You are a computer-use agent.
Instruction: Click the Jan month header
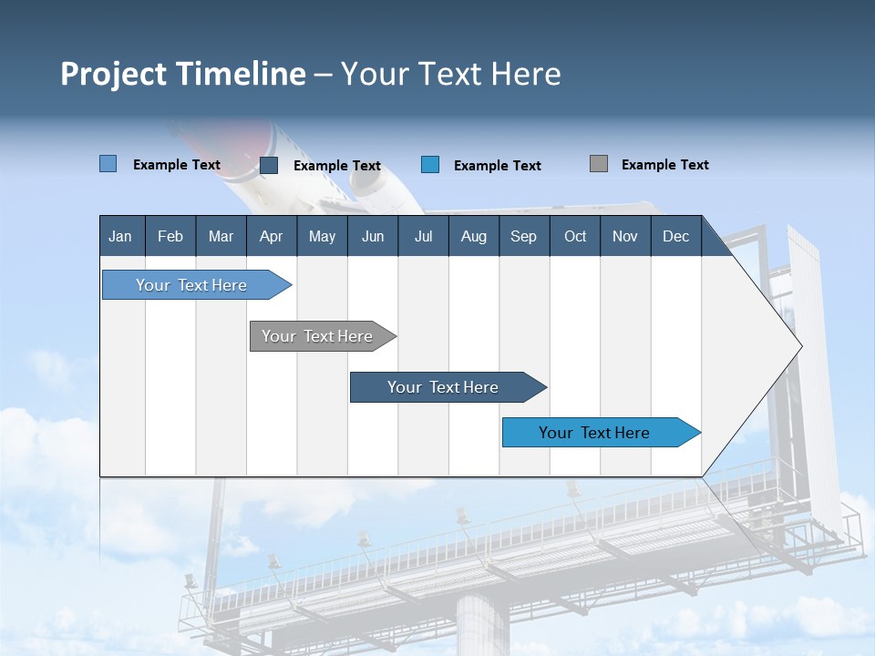(121, 236)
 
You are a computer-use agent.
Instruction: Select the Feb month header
(170, 236)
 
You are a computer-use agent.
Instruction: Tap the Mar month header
(221, 236)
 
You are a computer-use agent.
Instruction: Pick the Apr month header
(271, 236)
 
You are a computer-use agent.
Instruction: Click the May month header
(322, 236)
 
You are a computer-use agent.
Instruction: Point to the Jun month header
(373, 236)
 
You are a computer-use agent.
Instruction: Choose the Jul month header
(423, 236)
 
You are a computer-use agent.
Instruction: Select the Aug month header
(473, 236)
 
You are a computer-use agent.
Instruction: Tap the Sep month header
(523, 236)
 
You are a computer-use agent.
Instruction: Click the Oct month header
(575, 236)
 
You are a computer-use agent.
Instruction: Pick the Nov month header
(625, 236)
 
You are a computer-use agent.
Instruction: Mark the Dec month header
(675, 236)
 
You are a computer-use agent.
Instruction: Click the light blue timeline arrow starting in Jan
(191, 285)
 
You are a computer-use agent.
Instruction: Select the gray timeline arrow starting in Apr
(317, 336)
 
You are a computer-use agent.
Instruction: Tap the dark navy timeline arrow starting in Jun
(443, 387)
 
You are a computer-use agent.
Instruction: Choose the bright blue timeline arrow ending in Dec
(594, 433)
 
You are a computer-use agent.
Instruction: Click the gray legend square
(599, 164)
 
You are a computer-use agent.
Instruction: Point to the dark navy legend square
(269, 165)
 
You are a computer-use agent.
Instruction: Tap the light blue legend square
(108, 164)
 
